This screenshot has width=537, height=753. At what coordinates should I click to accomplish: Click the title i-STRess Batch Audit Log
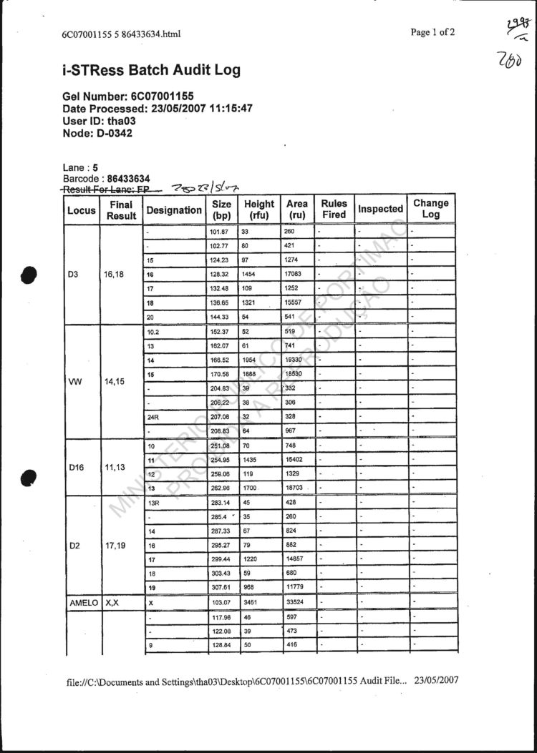click(x=151, y=70)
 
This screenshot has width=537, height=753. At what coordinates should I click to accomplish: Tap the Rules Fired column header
click(x=334, y=209)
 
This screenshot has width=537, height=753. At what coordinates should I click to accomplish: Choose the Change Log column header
click(x=430, y=209)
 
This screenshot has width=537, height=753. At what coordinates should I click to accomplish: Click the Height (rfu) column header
click(x=258, y=209)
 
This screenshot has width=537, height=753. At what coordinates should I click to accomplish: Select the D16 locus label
click(x=77, y=468)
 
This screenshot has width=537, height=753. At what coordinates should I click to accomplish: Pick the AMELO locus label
click(x=81, y=603)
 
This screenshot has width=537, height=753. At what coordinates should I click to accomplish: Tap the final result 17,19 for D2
click(x=117, y=544)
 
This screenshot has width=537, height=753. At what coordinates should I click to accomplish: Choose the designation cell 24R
click(x=153, y=416)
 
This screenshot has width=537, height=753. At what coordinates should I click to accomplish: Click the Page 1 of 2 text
click(x=432, y=32)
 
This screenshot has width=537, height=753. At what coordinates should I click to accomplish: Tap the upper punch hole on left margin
click(x=29, y=275)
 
